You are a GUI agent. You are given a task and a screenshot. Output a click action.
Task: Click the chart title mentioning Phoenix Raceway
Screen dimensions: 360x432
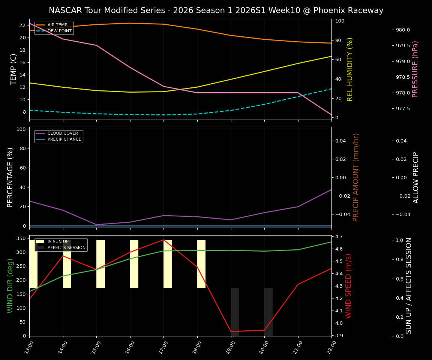click(x=216, y=10)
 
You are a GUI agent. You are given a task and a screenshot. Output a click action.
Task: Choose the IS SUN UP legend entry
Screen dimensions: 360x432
click(x=58, y=242)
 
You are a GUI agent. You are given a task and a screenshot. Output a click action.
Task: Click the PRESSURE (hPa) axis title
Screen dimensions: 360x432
click(x=415, y=69)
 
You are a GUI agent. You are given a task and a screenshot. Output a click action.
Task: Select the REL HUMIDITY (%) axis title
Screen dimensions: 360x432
click(x=350, y=69)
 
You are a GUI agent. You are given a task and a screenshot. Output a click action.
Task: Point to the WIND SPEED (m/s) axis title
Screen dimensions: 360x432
click(x=349, y=285)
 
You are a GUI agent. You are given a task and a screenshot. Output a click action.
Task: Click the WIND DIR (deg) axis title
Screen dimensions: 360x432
click(x=10, y=285)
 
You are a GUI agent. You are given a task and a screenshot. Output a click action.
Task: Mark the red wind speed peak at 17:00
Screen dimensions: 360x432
click(x=163, y=240)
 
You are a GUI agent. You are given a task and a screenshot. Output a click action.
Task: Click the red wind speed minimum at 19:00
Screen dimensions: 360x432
click(x=231, y=331)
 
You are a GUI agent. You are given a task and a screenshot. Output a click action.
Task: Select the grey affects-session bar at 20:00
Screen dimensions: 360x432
click(x=268, y=312)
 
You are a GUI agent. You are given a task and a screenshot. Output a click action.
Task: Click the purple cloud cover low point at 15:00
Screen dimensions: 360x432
click(x=96, y=225)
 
